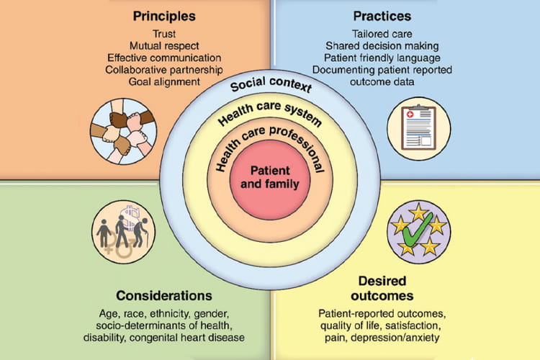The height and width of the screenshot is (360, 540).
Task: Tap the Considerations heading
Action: pos(164,295)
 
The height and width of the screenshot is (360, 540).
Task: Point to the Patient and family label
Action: pos(271,177)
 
